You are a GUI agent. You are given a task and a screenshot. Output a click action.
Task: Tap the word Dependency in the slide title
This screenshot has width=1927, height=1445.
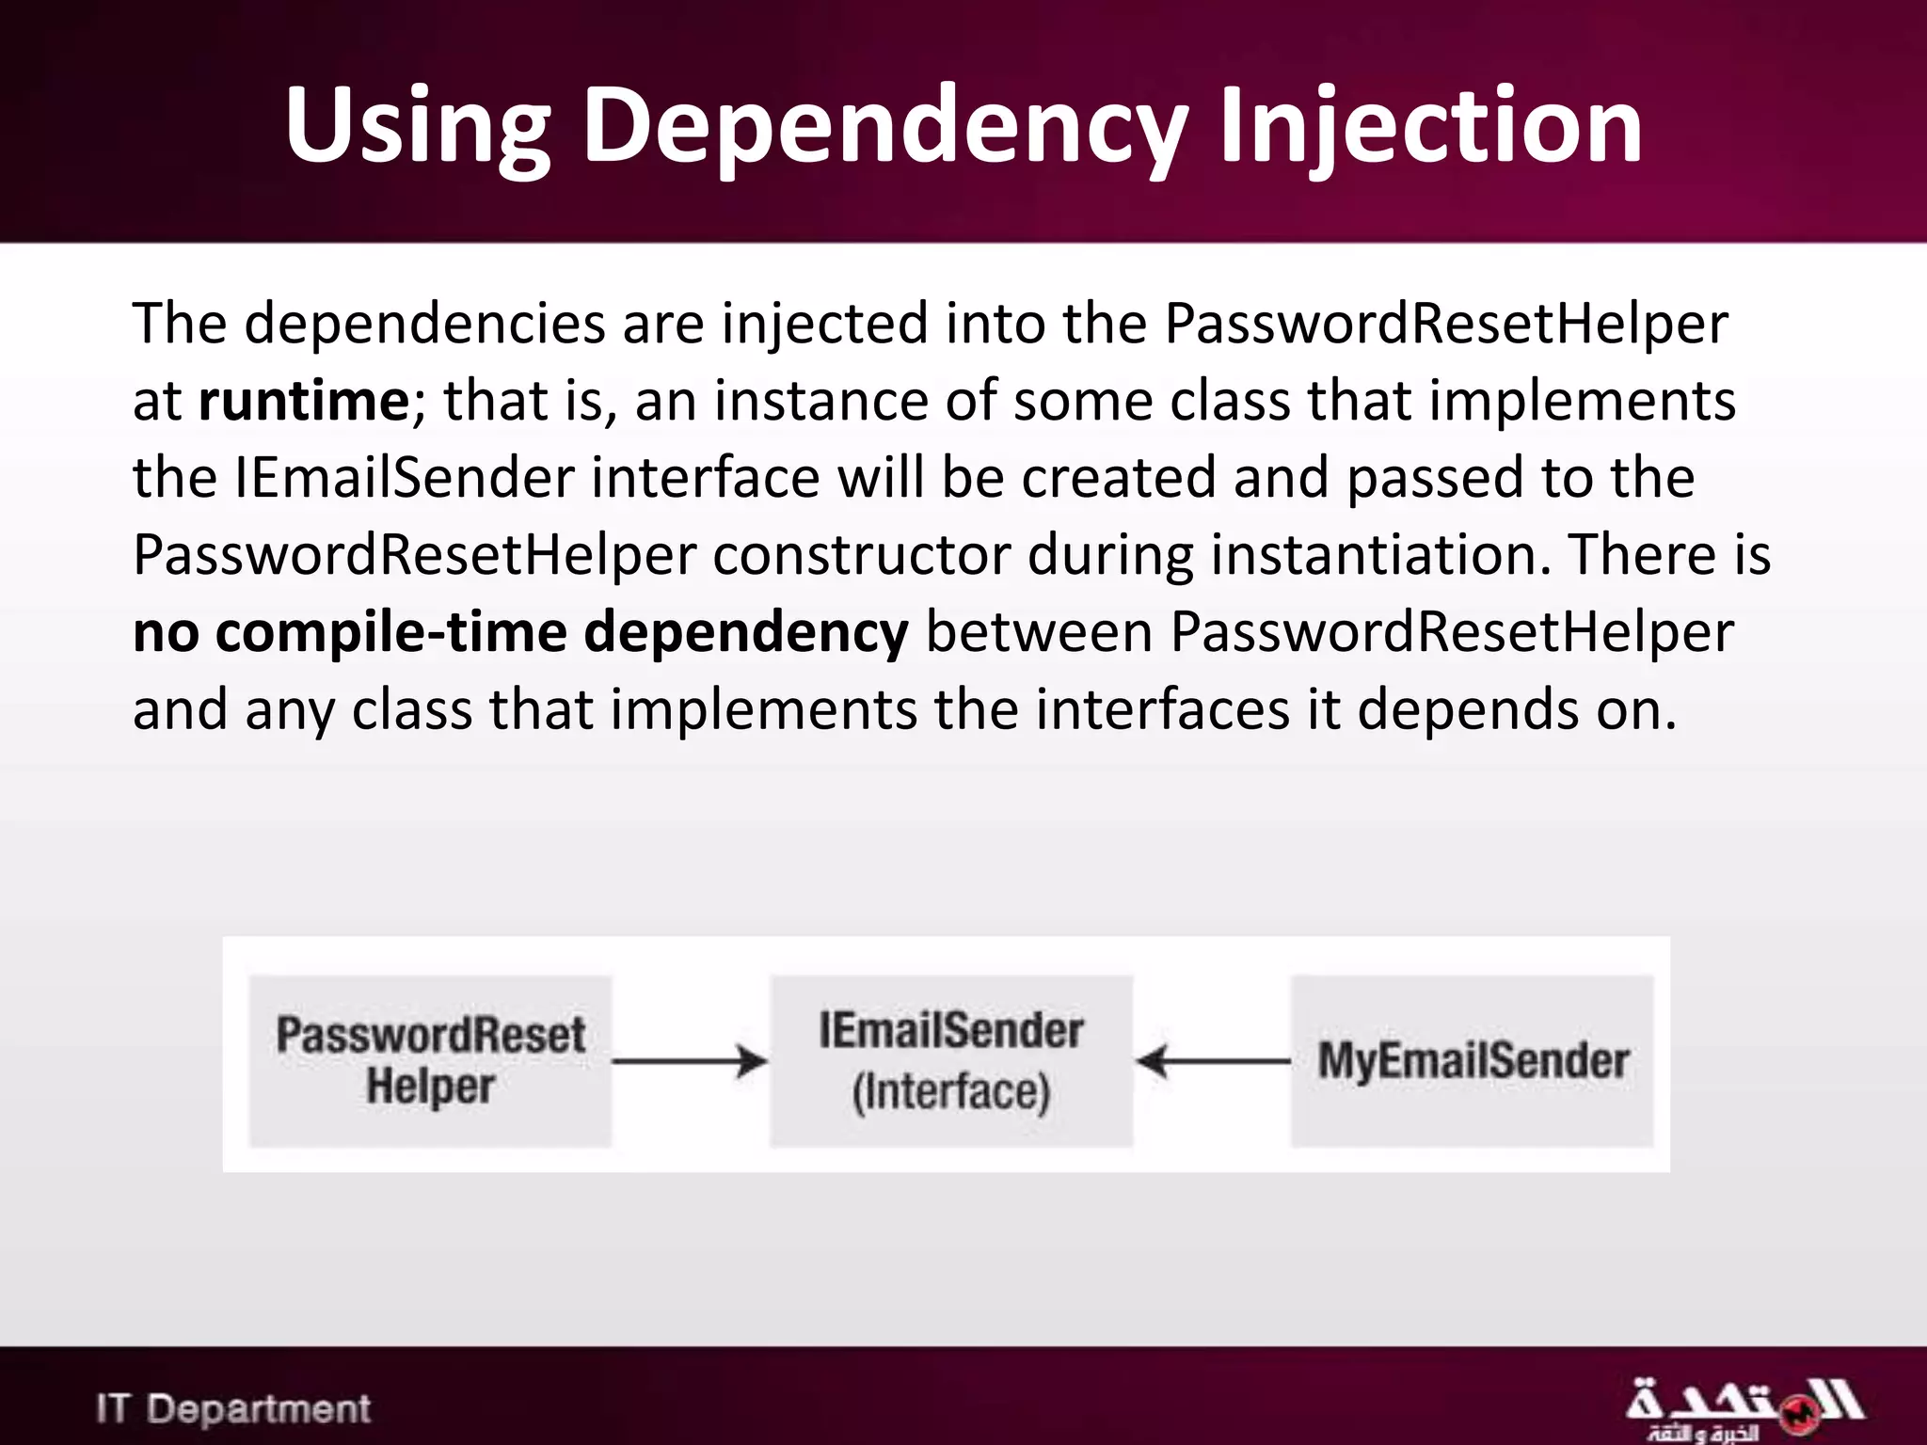[x=884, y=127]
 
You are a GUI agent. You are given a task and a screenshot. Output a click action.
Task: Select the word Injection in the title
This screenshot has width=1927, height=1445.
[x=1429, y=127]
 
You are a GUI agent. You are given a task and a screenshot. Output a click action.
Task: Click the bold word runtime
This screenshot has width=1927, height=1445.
[x=304, y=402]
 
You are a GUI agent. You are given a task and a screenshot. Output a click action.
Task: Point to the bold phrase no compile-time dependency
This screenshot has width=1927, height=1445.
[x=520, y=632]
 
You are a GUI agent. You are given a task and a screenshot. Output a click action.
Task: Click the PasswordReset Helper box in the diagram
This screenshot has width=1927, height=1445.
[x=430, y=1061]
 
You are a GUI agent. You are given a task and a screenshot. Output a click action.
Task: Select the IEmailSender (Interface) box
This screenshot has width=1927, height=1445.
[x=951, y=1061]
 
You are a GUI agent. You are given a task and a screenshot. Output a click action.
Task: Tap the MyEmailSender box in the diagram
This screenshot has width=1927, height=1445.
[x=1472, y=1061]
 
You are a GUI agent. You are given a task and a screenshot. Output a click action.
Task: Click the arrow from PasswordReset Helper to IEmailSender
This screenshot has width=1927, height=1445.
[x=690, y=1062]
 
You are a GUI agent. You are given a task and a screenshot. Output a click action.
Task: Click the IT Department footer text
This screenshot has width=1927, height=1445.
[x=233, y=1408]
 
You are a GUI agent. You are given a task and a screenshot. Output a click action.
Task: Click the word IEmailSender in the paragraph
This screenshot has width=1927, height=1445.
[x=404, y=478]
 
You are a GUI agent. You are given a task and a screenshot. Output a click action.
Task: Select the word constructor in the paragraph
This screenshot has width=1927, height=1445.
[x=861, y=555]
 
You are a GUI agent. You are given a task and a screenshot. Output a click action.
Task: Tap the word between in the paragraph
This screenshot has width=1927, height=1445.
[x=1039, y=632]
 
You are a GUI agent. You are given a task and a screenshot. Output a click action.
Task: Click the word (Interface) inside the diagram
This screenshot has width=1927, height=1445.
[x=950, y=1092]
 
